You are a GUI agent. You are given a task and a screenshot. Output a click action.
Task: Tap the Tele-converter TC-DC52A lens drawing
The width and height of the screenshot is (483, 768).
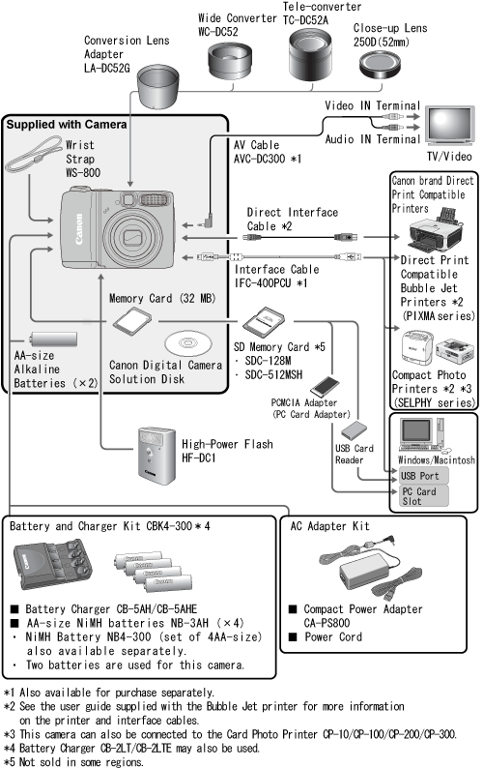point(310,54)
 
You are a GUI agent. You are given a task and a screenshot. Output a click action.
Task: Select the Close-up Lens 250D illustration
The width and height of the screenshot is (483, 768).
point(380,65)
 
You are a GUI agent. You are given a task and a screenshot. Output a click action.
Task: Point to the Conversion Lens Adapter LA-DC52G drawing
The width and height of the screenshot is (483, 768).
point(158,86)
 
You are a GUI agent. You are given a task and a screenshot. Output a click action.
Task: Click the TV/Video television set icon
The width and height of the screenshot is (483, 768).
point(449,126)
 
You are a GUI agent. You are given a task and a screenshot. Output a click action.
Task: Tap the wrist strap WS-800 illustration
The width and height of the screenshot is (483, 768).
point(33,155)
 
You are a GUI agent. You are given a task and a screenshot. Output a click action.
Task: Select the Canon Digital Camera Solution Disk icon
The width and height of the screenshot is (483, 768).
point(188,342)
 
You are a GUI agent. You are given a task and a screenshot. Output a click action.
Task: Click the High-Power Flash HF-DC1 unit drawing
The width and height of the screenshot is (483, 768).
point(156,456)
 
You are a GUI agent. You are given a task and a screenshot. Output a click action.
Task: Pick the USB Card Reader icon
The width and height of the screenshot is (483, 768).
point(354,430)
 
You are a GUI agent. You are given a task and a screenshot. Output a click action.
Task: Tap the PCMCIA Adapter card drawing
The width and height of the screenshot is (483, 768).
point(325,387)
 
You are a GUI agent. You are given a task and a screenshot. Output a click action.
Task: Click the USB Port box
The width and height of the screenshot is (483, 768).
point(423,476)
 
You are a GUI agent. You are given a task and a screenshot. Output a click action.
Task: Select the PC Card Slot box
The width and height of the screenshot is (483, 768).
point(423,495)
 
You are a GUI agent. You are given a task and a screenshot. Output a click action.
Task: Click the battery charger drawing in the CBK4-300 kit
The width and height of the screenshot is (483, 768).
point(52,564)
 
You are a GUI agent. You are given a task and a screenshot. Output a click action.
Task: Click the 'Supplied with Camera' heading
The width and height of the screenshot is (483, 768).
point(67,125)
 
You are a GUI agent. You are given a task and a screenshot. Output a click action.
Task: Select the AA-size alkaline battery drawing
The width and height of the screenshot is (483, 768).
point(53,339)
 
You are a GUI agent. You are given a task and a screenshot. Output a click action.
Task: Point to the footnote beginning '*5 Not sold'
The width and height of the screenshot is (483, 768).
point(73,761)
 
